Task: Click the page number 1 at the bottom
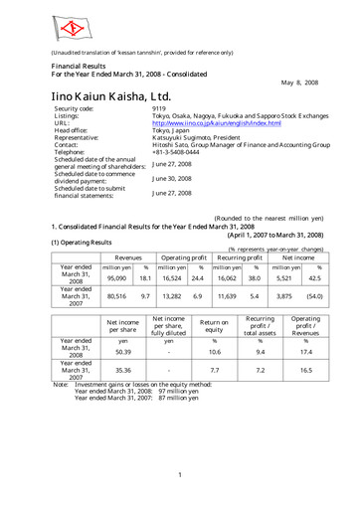click(180, 476)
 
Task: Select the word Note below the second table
click(60, 384)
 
